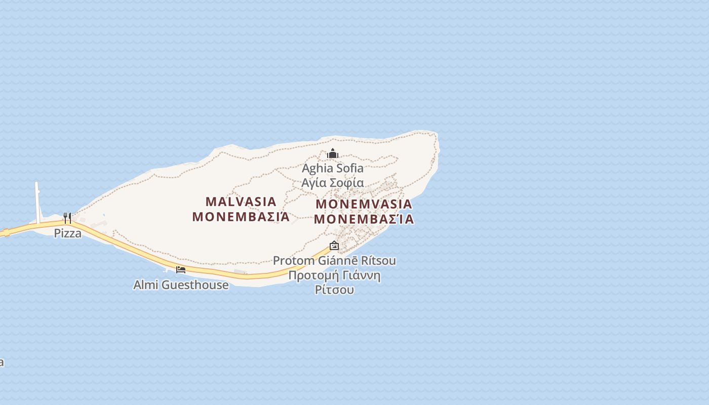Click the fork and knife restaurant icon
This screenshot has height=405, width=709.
67,218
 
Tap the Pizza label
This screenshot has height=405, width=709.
68,233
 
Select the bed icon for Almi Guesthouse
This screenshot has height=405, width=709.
181,269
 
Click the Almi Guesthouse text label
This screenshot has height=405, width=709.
181,285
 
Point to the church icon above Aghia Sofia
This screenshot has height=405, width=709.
333,153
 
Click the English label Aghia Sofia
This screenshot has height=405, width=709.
333,168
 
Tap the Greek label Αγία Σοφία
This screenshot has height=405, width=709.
333,183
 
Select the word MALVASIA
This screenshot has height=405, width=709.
241,202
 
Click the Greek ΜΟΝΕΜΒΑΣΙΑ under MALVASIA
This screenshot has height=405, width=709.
241,217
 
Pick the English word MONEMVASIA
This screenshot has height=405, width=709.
364,205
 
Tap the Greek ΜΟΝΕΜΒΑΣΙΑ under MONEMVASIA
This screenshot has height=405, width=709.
364,220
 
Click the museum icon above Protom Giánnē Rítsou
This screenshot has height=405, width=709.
334,246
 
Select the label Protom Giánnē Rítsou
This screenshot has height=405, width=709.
334,261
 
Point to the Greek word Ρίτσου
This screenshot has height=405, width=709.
334,290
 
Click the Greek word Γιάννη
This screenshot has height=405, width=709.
360,276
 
